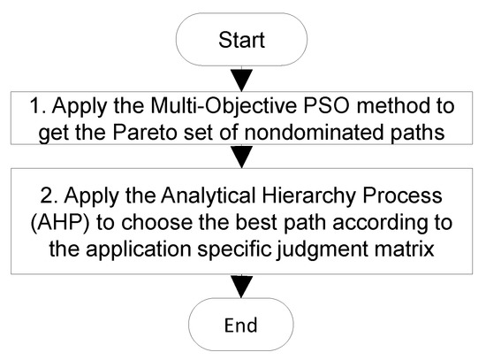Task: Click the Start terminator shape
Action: tap(242, 40)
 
